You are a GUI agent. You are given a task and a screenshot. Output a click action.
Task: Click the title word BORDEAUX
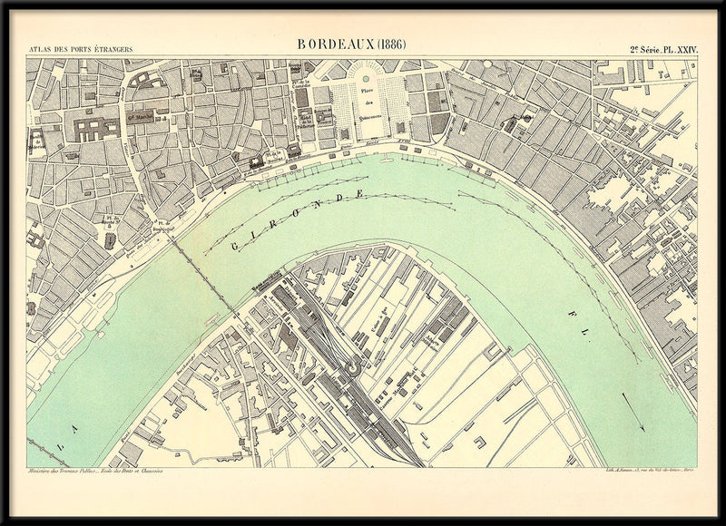tap(335, 44)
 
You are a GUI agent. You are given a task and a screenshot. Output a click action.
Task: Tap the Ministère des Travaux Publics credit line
tap(91, 472)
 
